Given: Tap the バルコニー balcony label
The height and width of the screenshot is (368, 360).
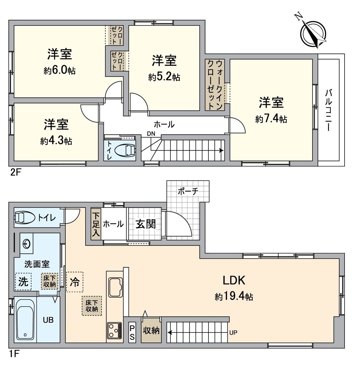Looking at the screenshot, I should pos(329,110).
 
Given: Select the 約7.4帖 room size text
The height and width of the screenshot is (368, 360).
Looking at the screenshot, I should pos(271,119).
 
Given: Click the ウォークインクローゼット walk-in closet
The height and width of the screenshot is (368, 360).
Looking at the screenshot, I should pos(215,84).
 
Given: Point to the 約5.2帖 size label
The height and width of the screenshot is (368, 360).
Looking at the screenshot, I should pos(164,77).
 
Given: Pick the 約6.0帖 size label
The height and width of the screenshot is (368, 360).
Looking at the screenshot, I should pos(59,70).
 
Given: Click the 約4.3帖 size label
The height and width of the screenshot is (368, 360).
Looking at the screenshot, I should pos(56,141).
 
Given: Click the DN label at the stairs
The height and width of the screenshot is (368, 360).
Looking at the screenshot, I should pos(151,133).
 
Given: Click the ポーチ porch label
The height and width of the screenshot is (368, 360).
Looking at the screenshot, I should pos(188,191).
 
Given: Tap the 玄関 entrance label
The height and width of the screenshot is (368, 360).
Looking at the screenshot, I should pos(146,224).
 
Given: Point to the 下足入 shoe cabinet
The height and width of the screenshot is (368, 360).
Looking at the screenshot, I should pos(96,224).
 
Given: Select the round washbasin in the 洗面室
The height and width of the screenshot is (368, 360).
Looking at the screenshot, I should pos(27,243).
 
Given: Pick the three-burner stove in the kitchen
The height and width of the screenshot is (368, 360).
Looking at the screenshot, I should pos(115,330).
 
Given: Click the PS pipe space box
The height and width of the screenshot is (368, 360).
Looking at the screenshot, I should pos(132,332).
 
